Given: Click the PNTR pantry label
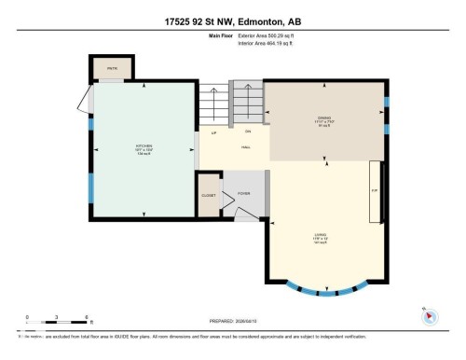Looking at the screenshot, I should (x=111, y=68).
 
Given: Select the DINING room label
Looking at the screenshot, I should (x=325, y=118).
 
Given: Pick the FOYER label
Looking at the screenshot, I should (x=243, y=193).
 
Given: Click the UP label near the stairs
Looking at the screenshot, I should (x=214, y=133).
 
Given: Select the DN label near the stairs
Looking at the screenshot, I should (x=248, y=131).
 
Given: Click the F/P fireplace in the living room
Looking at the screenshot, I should (x=375, y=192).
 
